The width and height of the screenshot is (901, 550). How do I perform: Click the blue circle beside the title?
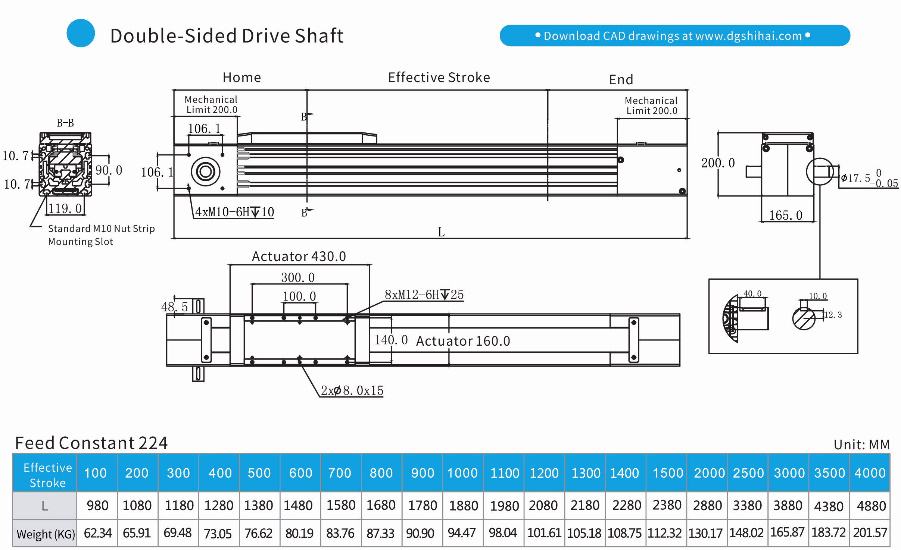pos(81,33)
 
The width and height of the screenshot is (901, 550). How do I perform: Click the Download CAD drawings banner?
pos(675,36)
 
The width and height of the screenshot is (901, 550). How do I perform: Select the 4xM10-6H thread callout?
pos(235,212)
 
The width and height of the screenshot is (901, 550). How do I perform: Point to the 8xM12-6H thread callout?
pos(424,295)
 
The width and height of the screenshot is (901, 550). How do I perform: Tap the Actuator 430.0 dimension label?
pos(299,257)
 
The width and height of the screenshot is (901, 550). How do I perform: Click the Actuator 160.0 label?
pos(463,341)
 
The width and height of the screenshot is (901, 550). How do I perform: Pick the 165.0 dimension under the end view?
pos(786,215)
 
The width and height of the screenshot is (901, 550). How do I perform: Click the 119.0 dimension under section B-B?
pos(65,208)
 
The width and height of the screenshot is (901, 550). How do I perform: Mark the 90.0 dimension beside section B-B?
pos(109,170)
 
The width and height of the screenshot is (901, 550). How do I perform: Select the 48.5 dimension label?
pos(174,307)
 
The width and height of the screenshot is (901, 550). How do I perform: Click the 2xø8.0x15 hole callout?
pos(352,390)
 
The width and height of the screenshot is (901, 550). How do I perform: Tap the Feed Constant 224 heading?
pos(91,443)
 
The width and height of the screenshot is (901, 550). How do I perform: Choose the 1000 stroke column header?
pos(462,473)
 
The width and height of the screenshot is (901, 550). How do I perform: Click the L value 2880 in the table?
pos(707,506)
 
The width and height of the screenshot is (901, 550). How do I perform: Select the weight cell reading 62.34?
pos(97,533)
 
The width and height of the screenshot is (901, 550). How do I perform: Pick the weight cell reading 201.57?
pos(870,532)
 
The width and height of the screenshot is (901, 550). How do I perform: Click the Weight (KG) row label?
pos(46,534)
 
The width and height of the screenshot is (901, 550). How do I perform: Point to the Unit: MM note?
pos(862,444)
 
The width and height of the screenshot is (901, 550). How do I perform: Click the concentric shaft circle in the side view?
pos(206,172)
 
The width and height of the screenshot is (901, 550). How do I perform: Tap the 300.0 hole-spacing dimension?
pos(298,277)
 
